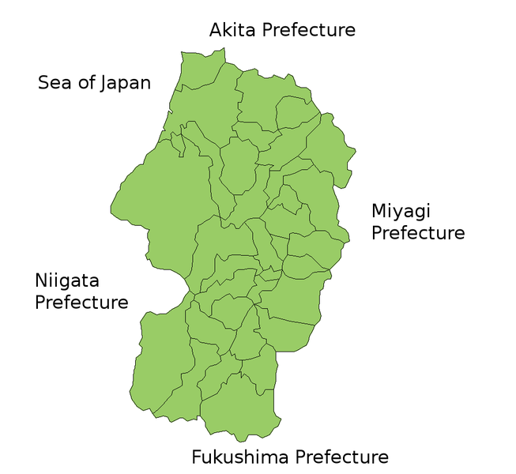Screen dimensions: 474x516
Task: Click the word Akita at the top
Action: (233, 30)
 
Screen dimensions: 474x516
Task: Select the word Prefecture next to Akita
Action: (309, 30)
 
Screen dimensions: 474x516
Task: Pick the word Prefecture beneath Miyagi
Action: (418, 233)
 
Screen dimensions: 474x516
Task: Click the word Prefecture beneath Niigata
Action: (81, 302)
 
